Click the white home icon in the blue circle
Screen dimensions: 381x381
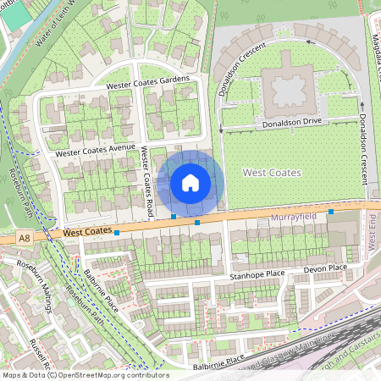click(x=190, y=182)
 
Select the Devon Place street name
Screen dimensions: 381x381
click(x=326, y=268)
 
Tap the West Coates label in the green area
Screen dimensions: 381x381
click(x=271, y=173)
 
